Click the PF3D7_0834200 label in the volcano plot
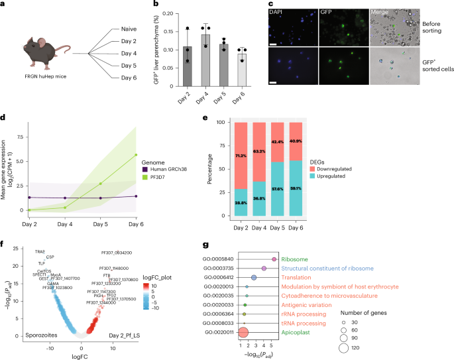pyautogui.click(x=117, y=253)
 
